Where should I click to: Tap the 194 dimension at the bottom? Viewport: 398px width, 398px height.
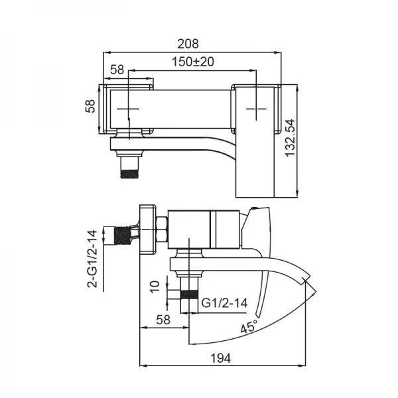point(221,358)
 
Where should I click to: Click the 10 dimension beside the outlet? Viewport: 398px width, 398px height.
point(155,286)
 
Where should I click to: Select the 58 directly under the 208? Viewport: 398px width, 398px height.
point(117,69)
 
